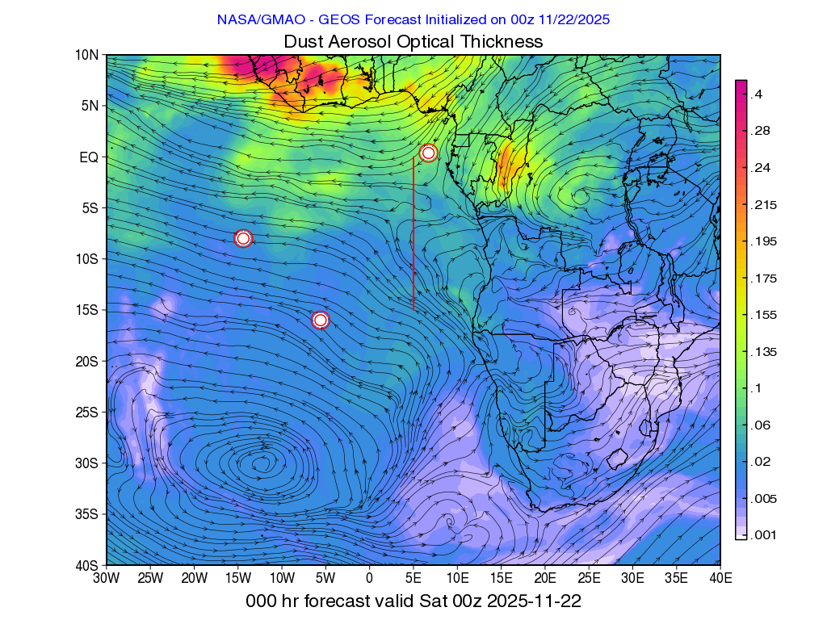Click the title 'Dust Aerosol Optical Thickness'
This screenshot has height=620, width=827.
tap(413, 41)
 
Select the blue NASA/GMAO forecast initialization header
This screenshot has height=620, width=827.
tap(413, 19)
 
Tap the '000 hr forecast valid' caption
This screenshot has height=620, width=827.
tap(413, 601)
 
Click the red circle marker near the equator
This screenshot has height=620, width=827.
tap(428, 153)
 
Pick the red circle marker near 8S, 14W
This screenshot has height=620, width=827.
tap(243, 238)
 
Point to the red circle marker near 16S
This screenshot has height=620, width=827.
tap(321, 320)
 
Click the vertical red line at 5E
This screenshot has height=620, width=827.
tap(413, 234)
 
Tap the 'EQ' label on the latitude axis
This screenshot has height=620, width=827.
tap(89, 157)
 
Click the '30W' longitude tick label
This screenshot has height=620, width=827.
tap(106, 578)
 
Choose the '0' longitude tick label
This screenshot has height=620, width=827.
tap(370, 578)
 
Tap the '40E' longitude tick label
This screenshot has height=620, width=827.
tap(720, 578)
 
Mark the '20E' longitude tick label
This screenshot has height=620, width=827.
tap(545, 578)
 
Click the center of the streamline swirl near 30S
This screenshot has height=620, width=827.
tap(260, 463)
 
